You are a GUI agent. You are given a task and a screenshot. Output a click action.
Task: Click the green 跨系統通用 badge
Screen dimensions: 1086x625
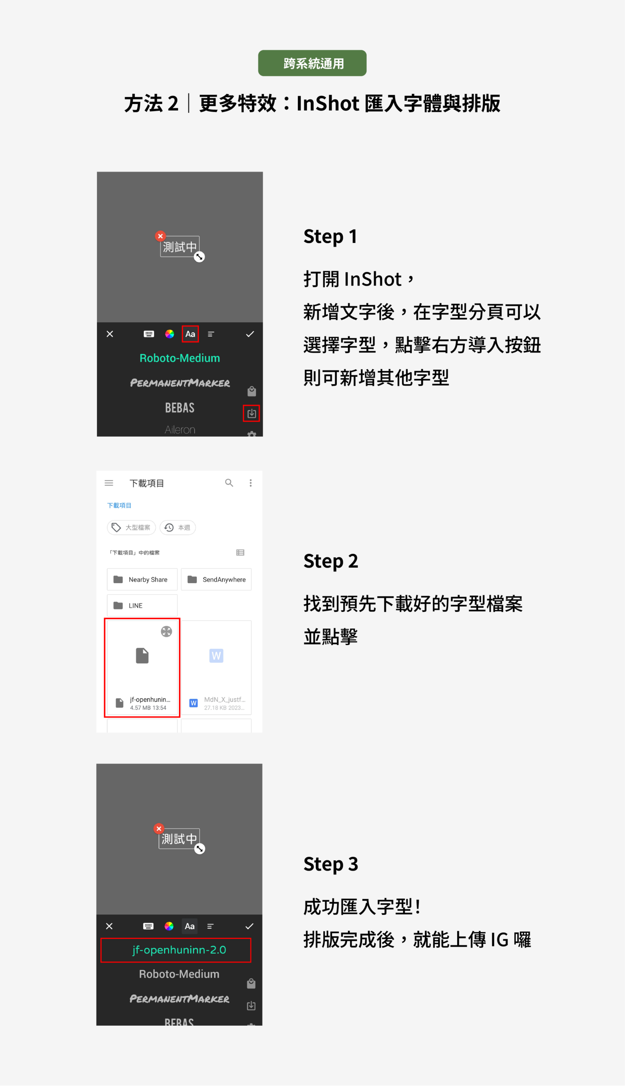pos(312,63)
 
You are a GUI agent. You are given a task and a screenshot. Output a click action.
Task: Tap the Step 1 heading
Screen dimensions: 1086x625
pos(330,237)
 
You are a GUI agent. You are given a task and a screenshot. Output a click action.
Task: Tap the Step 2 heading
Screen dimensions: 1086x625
pos(330,561)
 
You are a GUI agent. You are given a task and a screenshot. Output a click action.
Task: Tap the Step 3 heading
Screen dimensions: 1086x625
pos(330,863)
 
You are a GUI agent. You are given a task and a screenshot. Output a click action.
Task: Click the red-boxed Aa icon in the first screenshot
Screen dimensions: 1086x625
pos(190,334)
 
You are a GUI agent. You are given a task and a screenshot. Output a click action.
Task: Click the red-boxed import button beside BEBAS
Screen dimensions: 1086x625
pos(251,413)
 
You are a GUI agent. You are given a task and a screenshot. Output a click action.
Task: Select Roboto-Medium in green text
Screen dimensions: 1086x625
pos(179,358)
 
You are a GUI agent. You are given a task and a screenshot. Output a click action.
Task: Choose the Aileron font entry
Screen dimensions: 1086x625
pos(179,430)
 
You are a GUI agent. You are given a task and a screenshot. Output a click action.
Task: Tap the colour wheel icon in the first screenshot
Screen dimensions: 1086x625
pos(169,334)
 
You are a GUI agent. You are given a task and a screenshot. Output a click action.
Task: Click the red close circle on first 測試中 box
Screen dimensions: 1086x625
pos(160,236)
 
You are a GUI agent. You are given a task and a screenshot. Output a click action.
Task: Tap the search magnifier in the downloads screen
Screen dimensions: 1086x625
pos(229,483)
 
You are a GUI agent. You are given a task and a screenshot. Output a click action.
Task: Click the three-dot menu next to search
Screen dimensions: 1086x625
pos(250,483)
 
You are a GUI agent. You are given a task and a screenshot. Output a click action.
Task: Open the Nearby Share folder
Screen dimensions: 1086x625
pos(142,579)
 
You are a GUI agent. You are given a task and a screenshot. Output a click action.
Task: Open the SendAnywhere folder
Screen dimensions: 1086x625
pos(216,579)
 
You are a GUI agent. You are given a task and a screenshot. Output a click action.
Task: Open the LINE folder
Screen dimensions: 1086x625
pos(142,605)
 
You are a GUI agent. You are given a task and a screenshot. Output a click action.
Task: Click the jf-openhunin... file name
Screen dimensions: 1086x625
pos(150,699)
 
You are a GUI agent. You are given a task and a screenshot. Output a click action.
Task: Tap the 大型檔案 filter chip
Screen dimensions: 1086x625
pos(132,527)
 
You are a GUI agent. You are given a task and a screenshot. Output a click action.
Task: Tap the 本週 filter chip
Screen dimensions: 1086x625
pos(178,527)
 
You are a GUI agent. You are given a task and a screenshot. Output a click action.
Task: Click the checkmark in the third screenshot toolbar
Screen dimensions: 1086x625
pos(249,926)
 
